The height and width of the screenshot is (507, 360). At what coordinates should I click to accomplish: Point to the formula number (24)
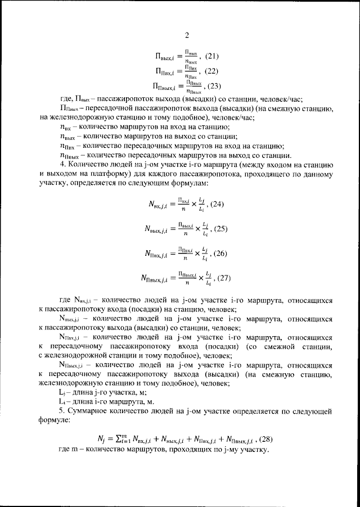coord(214,204)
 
